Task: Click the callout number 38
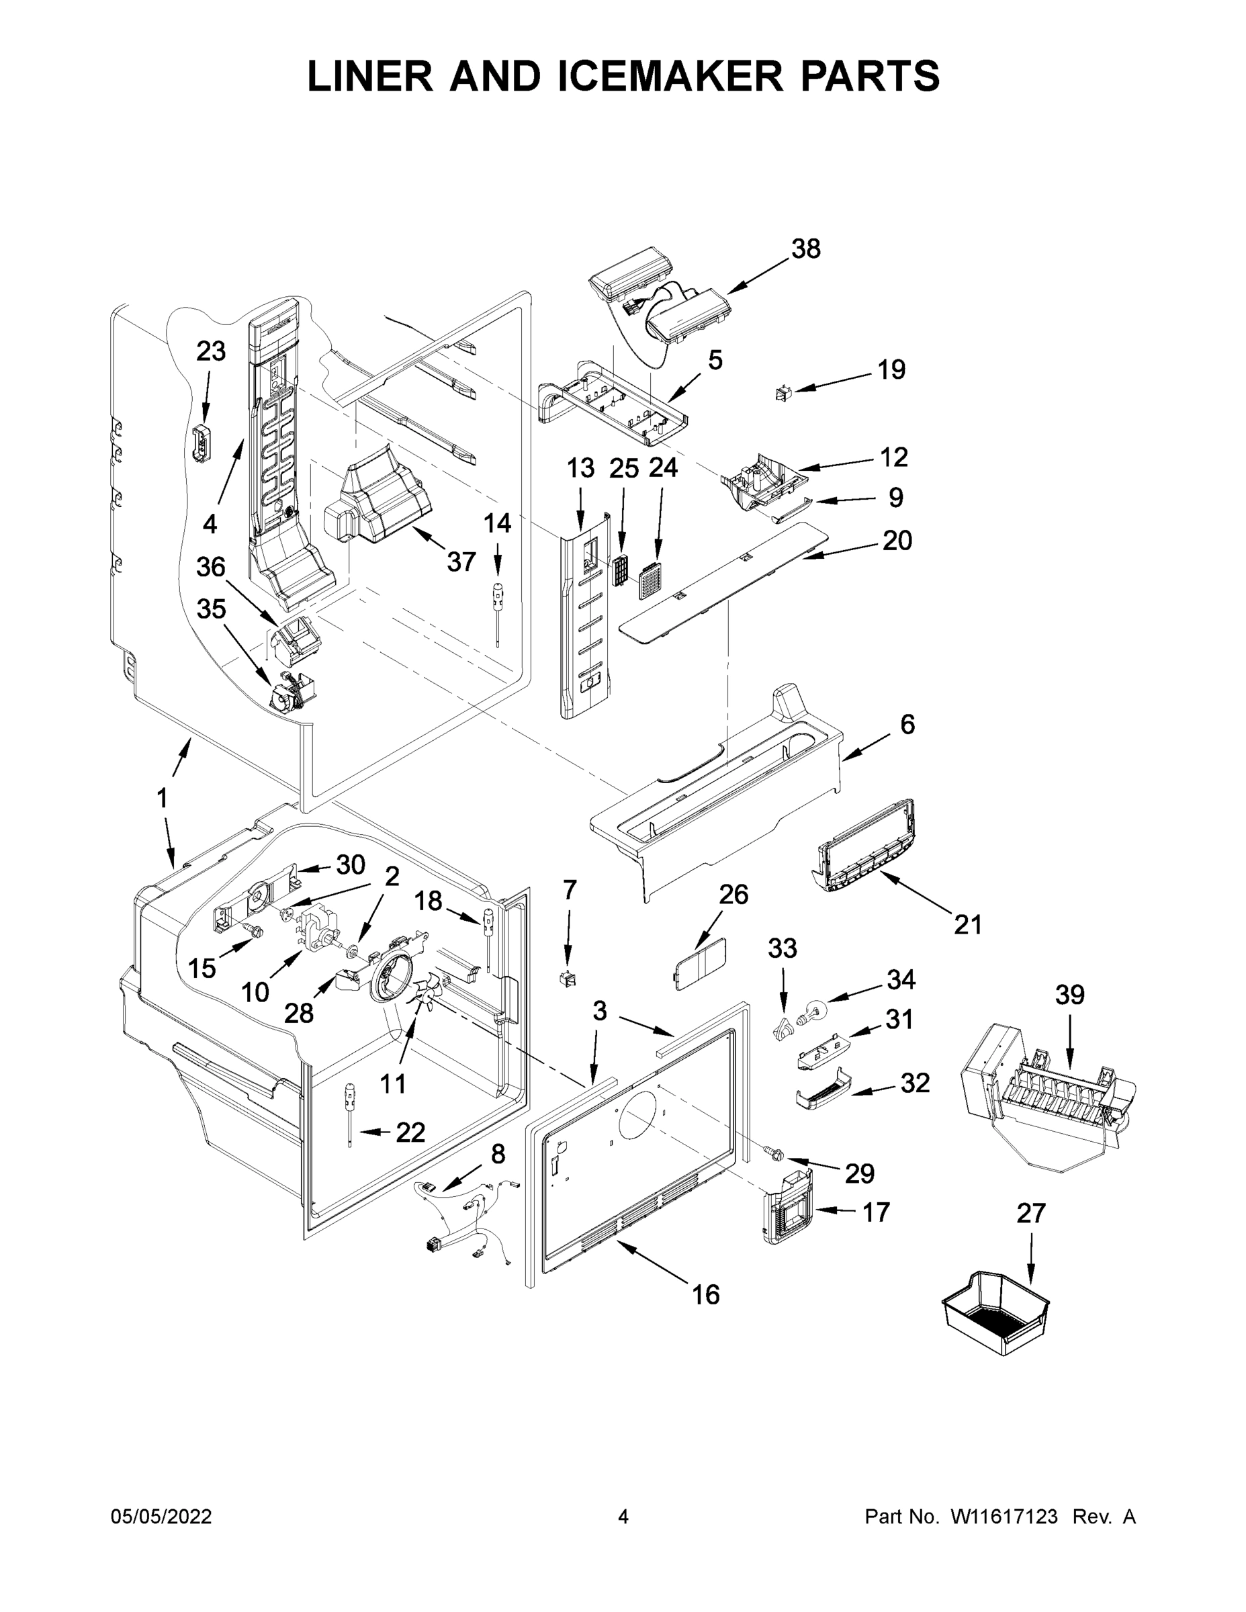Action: (x=805, y=249)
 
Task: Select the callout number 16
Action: (x=706, y=1294)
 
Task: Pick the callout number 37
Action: (x=461, y=562)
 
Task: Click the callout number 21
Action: (x=968, y=924)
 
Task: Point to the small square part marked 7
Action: (x=568, y=979)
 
